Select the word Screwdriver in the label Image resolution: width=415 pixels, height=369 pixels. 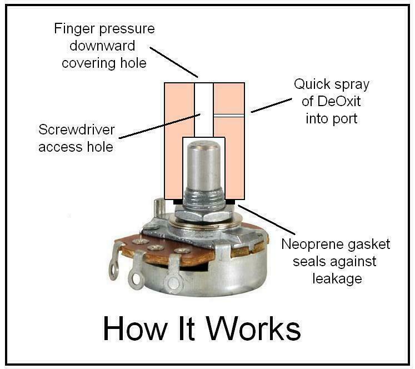[77, 130]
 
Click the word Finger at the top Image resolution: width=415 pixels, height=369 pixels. [73, 28]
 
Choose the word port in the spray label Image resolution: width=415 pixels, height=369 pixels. [357, 119]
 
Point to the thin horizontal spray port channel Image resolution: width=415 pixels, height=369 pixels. [229, 116]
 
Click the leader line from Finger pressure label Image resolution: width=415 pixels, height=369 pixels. [173, 62]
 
